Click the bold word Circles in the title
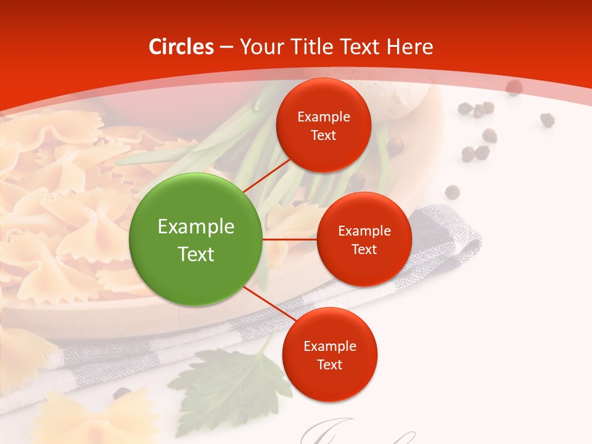point(181,46)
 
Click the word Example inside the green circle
point(195,226)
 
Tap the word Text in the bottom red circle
point(329,364)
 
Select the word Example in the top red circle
point(323,117)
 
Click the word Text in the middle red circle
point(364,249)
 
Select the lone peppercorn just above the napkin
point(452,192)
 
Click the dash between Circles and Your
point(226,47)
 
